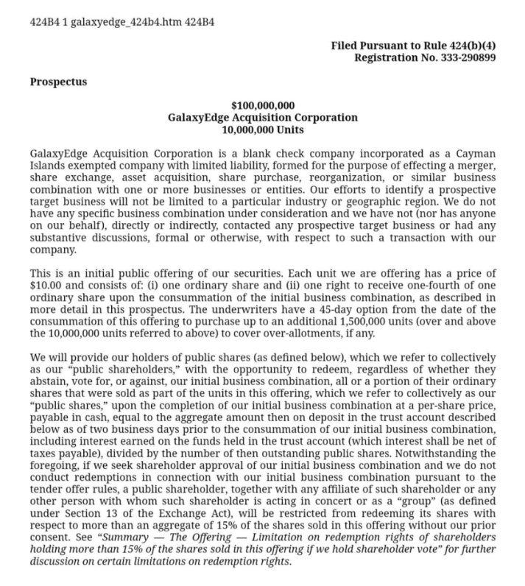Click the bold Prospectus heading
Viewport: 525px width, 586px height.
coord(58,82)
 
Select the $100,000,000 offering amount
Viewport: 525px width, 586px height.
coord(263,106)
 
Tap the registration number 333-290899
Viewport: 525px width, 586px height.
coord(463,57)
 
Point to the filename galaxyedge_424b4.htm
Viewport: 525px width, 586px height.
coord(113,21)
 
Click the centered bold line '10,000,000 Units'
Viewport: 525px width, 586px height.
coord(263,130)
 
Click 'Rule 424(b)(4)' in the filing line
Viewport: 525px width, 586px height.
coord(458,46)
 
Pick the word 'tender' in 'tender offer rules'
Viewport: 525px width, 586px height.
coord(46,495)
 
